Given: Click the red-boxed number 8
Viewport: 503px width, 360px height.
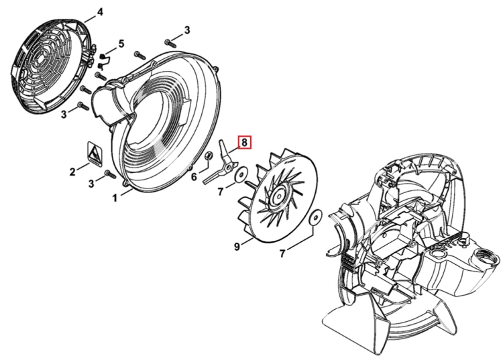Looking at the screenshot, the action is point(244,142).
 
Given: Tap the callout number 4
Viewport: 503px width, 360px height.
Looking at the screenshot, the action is point(100,13).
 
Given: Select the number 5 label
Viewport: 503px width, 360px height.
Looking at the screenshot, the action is point(121,44).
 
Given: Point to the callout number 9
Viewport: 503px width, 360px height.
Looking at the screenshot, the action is point(237,247).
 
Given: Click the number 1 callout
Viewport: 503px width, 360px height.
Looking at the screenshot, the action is point(115,198).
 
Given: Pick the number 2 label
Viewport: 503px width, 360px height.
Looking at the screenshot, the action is point(72,172).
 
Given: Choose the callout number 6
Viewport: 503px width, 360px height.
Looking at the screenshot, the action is point(194,176).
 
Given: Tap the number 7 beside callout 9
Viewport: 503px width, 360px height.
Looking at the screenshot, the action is point(282,253).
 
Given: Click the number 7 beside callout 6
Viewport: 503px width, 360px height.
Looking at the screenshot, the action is point(220,192).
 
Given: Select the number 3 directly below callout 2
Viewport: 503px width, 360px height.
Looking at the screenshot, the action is point(91,184).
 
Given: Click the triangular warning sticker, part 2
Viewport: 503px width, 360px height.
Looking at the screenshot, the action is point(95,154).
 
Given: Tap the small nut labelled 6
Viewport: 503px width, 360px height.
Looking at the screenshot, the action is point(208,156).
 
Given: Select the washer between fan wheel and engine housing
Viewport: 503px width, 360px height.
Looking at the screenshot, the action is point(316,218).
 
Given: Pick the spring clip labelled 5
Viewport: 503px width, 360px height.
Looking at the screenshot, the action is point(103,61).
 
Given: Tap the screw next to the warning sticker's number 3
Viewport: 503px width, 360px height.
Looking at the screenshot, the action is point(110,174).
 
